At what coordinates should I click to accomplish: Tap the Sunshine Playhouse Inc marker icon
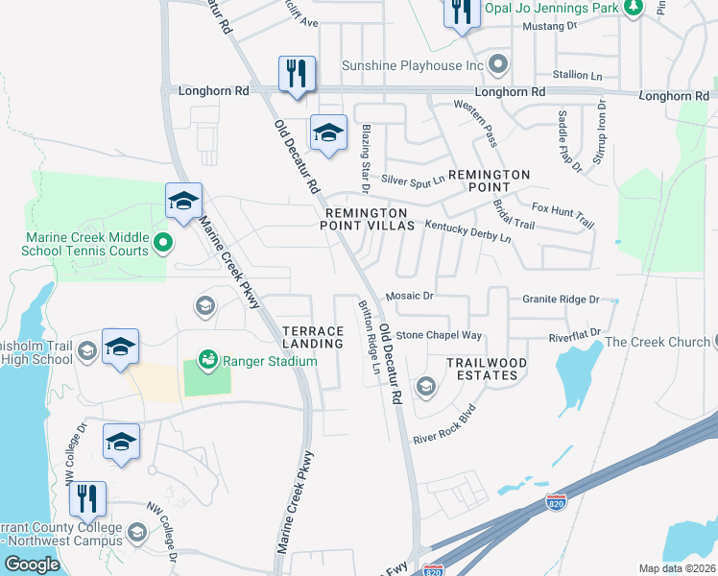coord(497,65)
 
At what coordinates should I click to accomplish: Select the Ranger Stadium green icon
coord(207,361)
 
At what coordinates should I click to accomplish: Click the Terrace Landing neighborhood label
coord(313,336)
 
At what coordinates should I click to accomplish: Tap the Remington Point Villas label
coord(370,219)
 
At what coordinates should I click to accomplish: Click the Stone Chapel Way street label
coord(439,335)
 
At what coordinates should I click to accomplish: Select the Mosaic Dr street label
coord(409,297)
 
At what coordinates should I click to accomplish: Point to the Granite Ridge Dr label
coord(561,300)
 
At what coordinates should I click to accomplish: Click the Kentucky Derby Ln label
coord(468,230)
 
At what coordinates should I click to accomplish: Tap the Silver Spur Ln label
coord(414,180)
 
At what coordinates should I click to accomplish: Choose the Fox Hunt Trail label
coord(562,214)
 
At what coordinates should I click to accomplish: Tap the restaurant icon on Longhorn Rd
coord(296,74)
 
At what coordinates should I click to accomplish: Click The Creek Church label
coord(658,342)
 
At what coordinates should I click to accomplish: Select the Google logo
coord(32,564)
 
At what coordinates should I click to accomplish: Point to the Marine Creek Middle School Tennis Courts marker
coord(162,243)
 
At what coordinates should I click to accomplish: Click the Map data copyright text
coord(678,568)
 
